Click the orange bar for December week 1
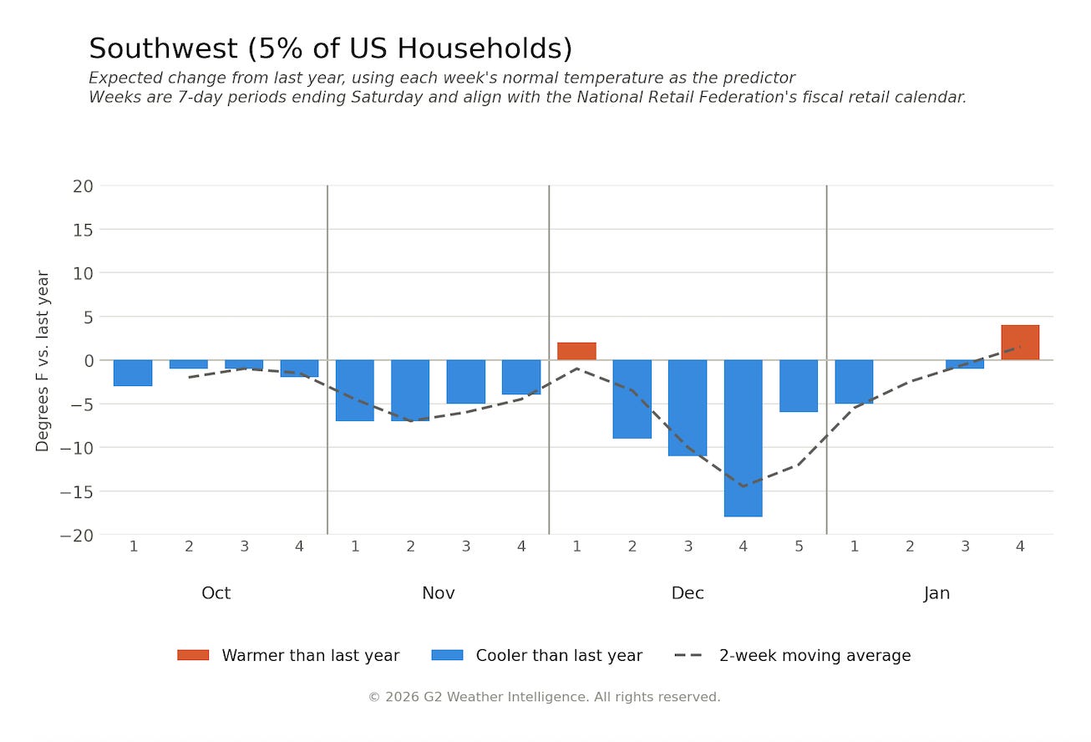[576, 351]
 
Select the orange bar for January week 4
[1020, 343]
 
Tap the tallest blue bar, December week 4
[743, 438]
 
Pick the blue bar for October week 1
[133, 373]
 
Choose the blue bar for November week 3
[466, 382]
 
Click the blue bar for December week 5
[799, 386]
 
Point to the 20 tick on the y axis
[83, 186]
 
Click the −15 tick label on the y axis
[77, 492]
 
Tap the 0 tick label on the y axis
[89, 361]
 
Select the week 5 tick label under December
[799, 546]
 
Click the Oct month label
[216, 593]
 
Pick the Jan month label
[936, 593]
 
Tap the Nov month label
[439, 593]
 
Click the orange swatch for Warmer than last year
[193, 655]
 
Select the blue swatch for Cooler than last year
[447, 655]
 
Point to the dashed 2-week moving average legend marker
[688, 655]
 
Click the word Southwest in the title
[163, 48]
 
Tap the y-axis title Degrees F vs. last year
[43, 361]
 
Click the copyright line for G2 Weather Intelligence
[544, 697]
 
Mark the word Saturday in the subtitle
[387, 98]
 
